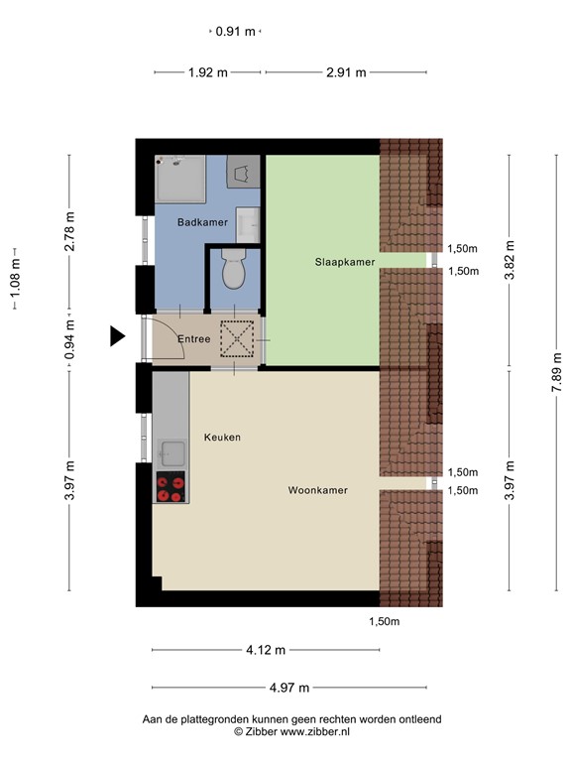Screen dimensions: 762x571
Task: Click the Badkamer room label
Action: pyautogui.click(x=202, y=223)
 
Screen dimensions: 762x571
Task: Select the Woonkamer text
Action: pyautogui.click(x=317, y=490)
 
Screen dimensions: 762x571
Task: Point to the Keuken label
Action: pyautogui.click(x=222, y=438)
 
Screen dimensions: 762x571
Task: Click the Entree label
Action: pyautogui.click(x=193, y=339)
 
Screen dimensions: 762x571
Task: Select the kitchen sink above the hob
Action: pyautogui.click(x=171, y=452)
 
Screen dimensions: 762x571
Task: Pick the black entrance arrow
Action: pyautogui.click(x=118, y=337)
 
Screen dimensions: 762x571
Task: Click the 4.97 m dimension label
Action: pyautogui.click(x=289, y=688)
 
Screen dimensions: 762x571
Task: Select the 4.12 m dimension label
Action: pyautogui.click(x=266, y=651)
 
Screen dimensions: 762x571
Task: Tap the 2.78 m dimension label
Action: pyautogui.click(x=69, y=232)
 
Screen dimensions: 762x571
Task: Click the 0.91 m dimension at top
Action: pyautogui.click(x=236, y=32)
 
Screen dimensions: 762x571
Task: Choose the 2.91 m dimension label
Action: pyautogui.click(x=346, y=71)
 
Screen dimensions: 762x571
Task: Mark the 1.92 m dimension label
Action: pyautogui.click(x=208, y=71)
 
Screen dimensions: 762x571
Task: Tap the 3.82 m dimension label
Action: pyautogui.click(x=510, y=261)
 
